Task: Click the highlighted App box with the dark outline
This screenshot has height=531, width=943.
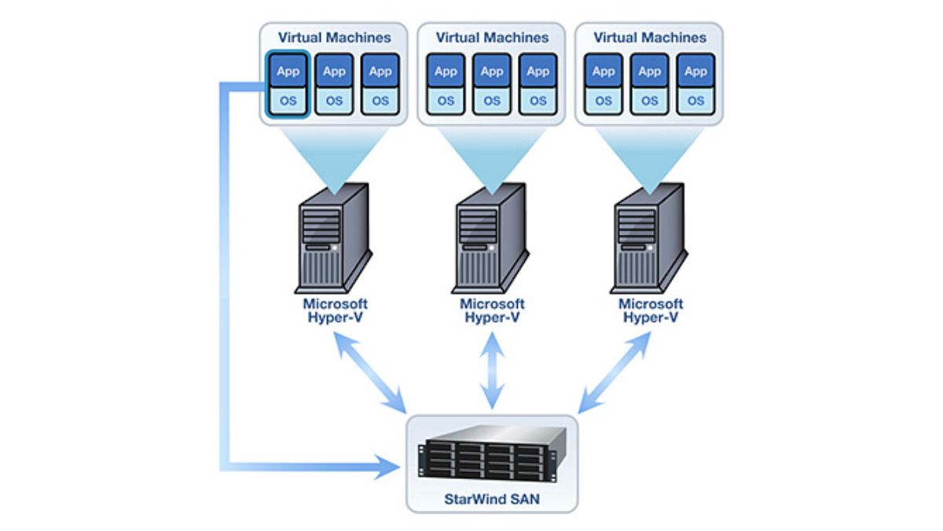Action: click(288, 71)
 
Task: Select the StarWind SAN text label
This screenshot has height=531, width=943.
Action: click(492, 497)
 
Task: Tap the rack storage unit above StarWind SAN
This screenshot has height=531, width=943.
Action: click(492, 455)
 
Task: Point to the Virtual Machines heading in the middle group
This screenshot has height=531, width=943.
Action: click(491, 37)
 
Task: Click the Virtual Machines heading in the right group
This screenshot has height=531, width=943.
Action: click(649, 37)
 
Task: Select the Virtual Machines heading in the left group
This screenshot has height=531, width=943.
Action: click(333, 37)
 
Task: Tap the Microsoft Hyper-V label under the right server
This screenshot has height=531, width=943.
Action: click(651, 310)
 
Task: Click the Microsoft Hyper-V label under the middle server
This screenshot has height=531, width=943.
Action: click(492, 310)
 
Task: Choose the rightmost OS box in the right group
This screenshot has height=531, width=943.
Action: click(695, 101)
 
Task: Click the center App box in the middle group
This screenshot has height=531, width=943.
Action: click(492, 71)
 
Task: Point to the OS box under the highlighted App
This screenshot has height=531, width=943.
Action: click(288, 101)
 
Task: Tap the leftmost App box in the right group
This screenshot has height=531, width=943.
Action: click(604, 71)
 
